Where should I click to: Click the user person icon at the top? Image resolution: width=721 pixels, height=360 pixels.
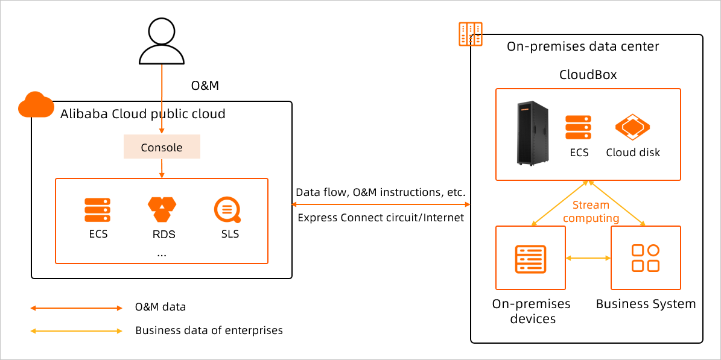[x=162, y=41]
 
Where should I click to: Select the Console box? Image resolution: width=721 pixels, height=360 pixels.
[x=162, y=147]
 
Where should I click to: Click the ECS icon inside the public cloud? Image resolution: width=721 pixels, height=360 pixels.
[x=97, y=210]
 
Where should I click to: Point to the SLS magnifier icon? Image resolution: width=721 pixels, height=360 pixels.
[x=227, y=210]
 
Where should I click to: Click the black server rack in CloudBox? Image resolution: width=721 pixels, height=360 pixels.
[x=533, y=133]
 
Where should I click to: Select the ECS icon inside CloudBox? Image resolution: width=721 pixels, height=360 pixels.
[x=578, y=128]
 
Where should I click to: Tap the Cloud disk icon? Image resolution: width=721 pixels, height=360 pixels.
[x=632, y=128]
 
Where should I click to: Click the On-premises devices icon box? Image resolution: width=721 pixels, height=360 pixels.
[x=530, y=258]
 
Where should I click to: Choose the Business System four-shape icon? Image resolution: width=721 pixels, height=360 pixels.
[x=645, y=258]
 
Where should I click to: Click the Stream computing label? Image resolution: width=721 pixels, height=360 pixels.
[x=591, y=212]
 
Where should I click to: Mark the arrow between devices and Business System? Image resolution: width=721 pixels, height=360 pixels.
[x=588, y=258]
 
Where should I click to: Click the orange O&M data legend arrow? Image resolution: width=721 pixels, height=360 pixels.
[x=77, y=308]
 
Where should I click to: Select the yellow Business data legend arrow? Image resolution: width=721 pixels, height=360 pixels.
[x=77, y=330]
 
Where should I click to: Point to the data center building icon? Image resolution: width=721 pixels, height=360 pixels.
[x=470, y=34]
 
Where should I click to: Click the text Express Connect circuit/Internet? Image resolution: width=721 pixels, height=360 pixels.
[x=381, y=218]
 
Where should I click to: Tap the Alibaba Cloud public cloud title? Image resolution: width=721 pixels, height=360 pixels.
[x=143, y=114]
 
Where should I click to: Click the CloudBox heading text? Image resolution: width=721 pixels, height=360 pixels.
[x=588, y=75]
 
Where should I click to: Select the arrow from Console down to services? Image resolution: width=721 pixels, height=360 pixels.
[x=162, y=168]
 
